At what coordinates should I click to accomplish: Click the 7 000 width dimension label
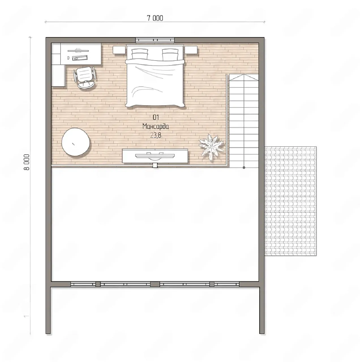coord(155,18)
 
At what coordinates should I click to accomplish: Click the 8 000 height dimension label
coord(27,162)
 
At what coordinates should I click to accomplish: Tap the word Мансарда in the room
coord(156,126)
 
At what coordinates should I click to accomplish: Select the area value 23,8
coord(156,135)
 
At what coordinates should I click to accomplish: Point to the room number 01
coord(156,118)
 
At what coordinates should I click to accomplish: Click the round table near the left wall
coord(76,142)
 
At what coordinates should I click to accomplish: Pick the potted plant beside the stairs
coord(212,147)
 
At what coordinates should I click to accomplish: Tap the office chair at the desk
coord(85,77)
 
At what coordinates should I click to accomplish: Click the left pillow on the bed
coord(140,54)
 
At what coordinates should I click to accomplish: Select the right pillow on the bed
coord(170,54)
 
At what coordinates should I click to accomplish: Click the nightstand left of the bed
coord(119,50)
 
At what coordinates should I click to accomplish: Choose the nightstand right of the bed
coord(191,50)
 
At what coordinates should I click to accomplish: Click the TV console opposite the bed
coord(155,156)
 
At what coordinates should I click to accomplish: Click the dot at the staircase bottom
coord(244,167)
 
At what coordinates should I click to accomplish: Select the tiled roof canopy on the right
coord(290,201)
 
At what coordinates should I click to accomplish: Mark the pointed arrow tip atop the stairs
coord(244,74)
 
